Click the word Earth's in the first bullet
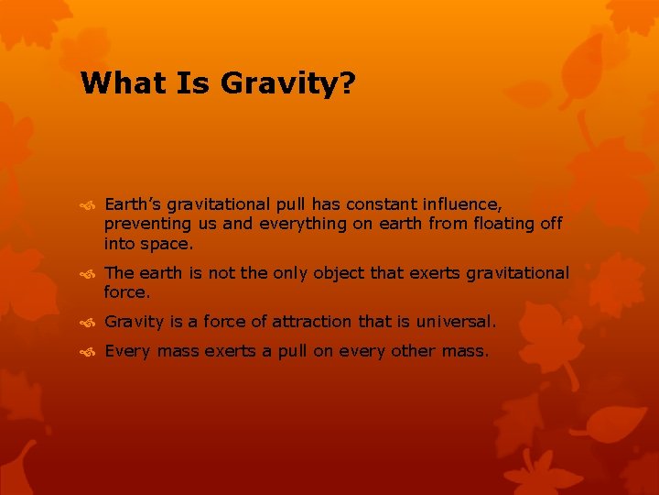click(132, 203)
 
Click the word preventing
click(146, 224)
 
